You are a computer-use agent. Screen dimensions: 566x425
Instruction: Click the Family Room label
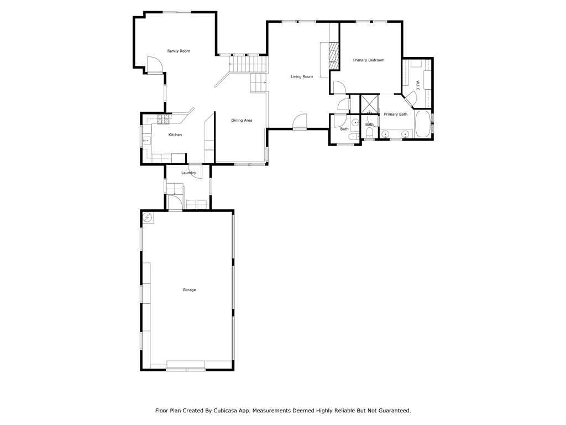click(179, 51)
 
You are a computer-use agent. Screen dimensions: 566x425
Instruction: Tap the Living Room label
click(302, 76)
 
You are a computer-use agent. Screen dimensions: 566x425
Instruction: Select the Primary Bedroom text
click(369, 60)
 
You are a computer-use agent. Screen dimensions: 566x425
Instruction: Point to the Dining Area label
click(242, 120)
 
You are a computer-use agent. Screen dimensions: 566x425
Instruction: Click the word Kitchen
click(175, 135)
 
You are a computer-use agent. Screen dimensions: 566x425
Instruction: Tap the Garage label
click(189, 290)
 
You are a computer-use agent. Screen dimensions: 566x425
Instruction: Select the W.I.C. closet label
click(417, 86)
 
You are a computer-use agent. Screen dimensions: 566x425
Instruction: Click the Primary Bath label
click(396, 114)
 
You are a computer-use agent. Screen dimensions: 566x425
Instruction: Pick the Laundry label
click(188, 173)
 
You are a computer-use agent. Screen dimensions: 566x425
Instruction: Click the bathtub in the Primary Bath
click(423, 124)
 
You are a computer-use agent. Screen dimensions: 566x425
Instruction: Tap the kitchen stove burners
click(164, 120)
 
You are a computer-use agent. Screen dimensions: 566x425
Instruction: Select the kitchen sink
click(147, 140)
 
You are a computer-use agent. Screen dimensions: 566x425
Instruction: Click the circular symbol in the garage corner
click(148, 217)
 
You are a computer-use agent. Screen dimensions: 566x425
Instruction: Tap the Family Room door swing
click(155, 65)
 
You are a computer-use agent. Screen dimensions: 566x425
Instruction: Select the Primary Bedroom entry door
click(340, 87)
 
